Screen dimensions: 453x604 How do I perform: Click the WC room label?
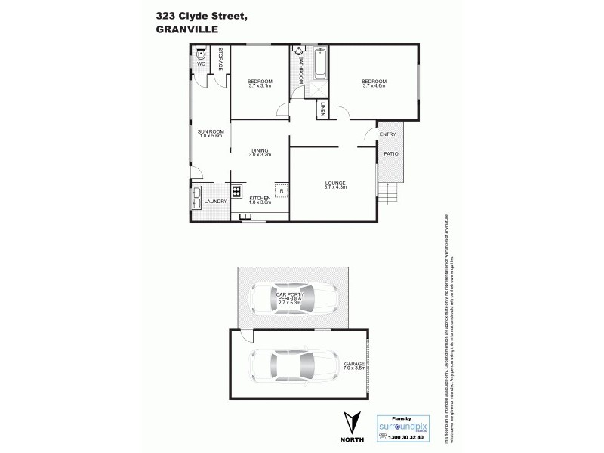click(201, 64)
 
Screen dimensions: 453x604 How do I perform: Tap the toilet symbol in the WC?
click(201, 54)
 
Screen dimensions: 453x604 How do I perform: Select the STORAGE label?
click(221, 60)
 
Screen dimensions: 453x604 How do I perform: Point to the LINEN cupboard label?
click(322, 109)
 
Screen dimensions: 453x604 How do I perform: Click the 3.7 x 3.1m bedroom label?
click(259, 83)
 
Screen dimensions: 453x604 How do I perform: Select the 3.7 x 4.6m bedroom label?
click(374, 83)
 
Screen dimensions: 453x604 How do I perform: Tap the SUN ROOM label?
click(210, 134)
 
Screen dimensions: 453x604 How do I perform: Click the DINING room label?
click(260, 152)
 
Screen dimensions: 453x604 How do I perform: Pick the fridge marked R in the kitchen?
click(281, 191)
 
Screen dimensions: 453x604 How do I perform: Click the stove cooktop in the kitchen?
click(236, 191)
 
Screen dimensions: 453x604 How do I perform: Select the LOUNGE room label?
click(334, 183)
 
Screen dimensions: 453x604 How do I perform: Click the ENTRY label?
click(387, 134)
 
